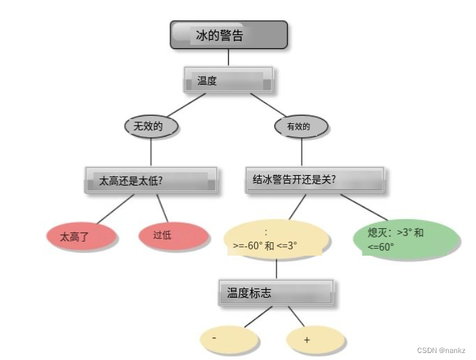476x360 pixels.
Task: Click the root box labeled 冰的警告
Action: click(x=228, y=35)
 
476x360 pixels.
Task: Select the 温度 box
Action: click(x=227, y=81)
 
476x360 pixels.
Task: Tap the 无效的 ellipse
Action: click(x=151, y=126)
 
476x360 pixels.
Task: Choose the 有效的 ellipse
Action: click(x=302, y=126)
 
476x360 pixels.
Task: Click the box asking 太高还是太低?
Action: click(x=150, y=181)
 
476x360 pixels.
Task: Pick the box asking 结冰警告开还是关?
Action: click(x=314, y=179)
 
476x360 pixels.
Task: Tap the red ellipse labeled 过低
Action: click(x=174, y=236)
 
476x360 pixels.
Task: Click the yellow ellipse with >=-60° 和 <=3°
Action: click(x=276, y=240)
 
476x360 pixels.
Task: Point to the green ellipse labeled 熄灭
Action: click(x=406, y=238)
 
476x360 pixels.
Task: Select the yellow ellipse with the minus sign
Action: click(x=229, y=338)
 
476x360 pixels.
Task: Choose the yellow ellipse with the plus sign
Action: click(x=316, y=340)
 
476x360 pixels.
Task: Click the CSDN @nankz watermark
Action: click(x=441, y=350)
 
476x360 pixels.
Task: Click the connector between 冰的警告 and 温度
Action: click(x=228, y=57)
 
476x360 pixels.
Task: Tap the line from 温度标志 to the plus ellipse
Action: click(x=296, y=317)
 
